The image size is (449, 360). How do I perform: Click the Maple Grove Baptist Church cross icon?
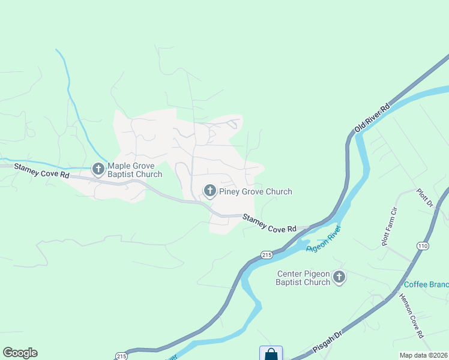98,169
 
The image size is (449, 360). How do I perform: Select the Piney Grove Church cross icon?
209,191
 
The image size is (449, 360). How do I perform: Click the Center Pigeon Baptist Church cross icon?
339,277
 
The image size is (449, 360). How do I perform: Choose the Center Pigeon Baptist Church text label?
304,278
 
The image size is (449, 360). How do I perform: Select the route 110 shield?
422,246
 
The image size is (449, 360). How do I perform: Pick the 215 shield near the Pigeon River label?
267,255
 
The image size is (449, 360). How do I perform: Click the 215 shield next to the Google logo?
122,355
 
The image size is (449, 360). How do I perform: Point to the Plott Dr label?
424,199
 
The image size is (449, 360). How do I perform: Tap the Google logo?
20,353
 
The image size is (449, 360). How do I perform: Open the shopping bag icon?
271,354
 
